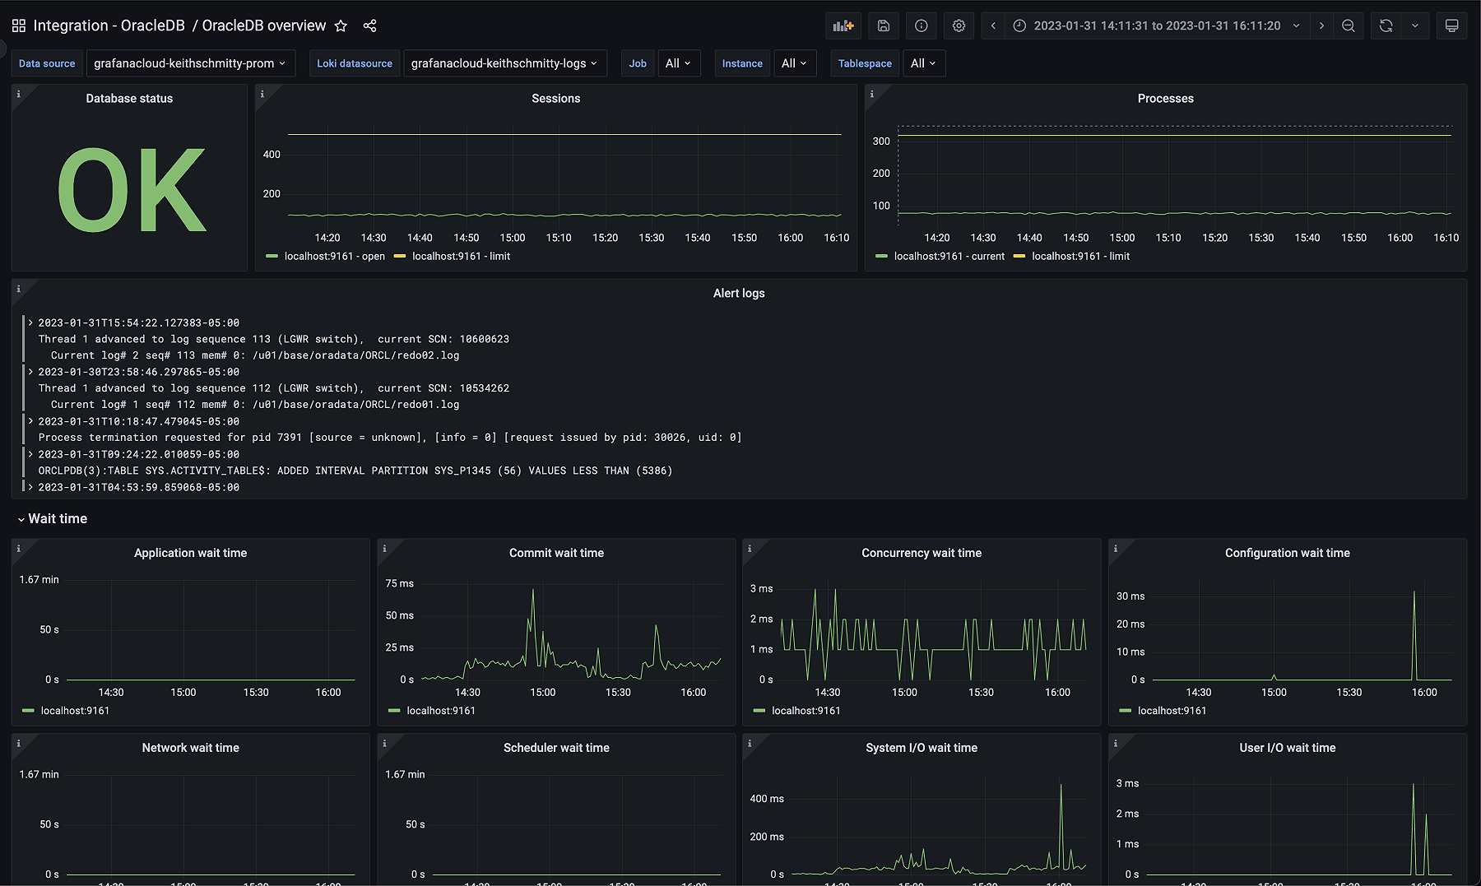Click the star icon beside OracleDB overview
click(x=341, y=26)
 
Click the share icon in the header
click(x=369, y=26)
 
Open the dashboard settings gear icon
click(x=959, y=26)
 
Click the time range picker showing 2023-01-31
click(x=1156, y=26)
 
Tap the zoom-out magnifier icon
click(x=1348, y=26)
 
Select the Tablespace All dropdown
click(x=923, y=63)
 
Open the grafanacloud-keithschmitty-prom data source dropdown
click(x=190, y=63)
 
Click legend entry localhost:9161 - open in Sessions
click(x=334, y=256)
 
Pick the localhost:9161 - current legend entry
click(x=949, y=256)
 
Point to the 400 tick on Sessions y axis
click(x=272, y=155)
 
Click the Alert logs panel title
click(x=738, y=293)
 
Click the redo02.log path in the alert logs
click(x=355, y=355)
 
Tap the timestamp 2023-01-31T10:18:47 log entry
click(x=138, y=421)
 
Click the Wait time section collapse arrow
click(x=21, y=519)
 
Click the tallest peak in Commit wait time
click(x=533, y=591)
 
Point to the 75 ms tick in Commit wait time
click(x=399, y=583)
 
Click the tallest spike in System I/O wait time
click(x=1061, y=786)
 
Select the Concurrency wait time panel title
click(x=921, y=553)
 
